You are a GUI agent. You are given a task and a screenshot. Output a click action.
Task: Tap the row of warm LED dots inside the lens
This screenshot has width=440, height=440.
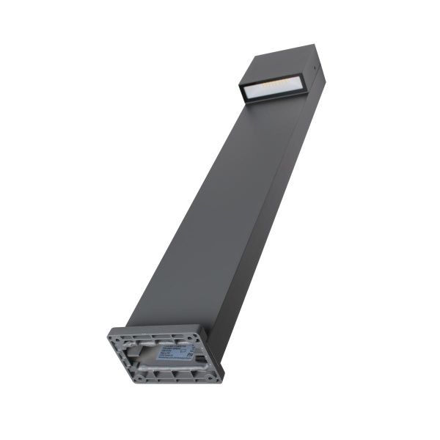coord(271,86)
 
